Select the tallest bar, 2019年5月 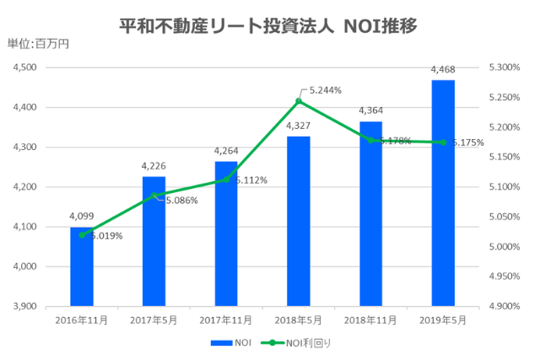tap(444, 194)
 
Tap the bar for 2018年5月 tap(299, 221)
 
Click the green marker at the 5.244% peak tap(299, 101)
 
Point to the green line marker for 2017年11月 tap(226, 180)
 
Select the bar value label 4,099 tap(82, 217)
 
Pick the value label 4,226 tap(154, 166)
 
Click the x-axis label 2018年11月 tap(371, 320)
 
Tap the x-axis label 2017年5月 tap(154, 320)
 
